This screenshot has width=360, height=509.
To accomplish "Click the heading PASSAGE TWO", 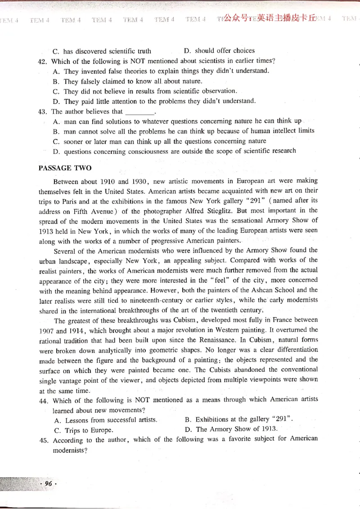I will click(65, 168).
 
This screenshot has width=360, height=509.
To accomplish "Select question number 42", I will click(43, 61).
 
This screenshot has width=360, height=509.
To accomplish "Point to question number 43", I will click(43, 112).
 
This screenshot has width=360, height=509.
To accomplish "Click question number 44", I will click(44, 400).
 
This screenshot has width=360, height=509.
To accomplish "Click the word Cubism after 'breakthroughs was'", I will click(184, 320).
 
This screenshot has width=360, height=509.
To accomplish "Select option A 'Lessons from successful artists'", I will click(106, 420).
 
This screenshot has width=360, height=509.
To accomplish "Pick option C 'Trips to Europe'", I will click(84, 430).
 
